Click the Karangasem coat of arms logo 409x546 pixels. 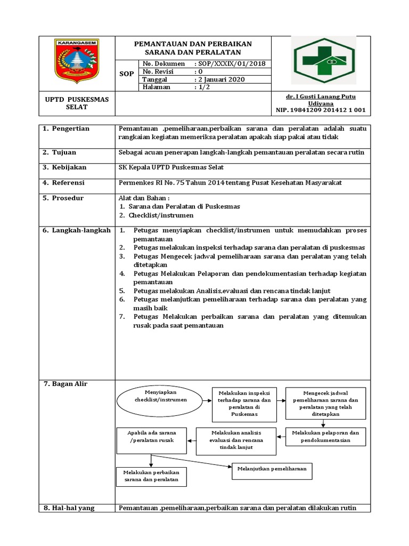point(77,60)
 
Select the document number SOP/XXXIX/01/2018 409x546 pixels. point(230,63)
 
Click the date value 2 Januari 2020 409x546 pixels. point(219,79)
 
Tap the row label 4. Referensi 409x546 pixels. point(65,182)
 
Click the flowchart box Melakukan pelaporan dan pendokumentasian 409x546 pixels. point(325,437)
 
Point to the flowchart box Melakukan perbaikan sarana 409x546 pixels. point(151,476)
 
